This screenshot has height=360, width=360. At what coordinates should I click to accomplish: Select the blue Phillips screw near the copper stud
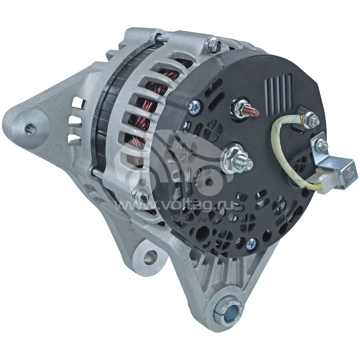[194, 105]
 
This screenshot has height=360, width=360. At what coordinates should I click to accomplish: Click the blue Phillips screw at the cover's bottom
[252, 244]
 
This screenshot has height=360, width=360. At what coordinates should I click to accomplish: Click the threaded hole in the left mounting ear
[30, 126]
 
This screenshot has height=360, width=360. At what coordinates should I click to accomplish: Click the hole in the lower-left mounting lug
[150, 256]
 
